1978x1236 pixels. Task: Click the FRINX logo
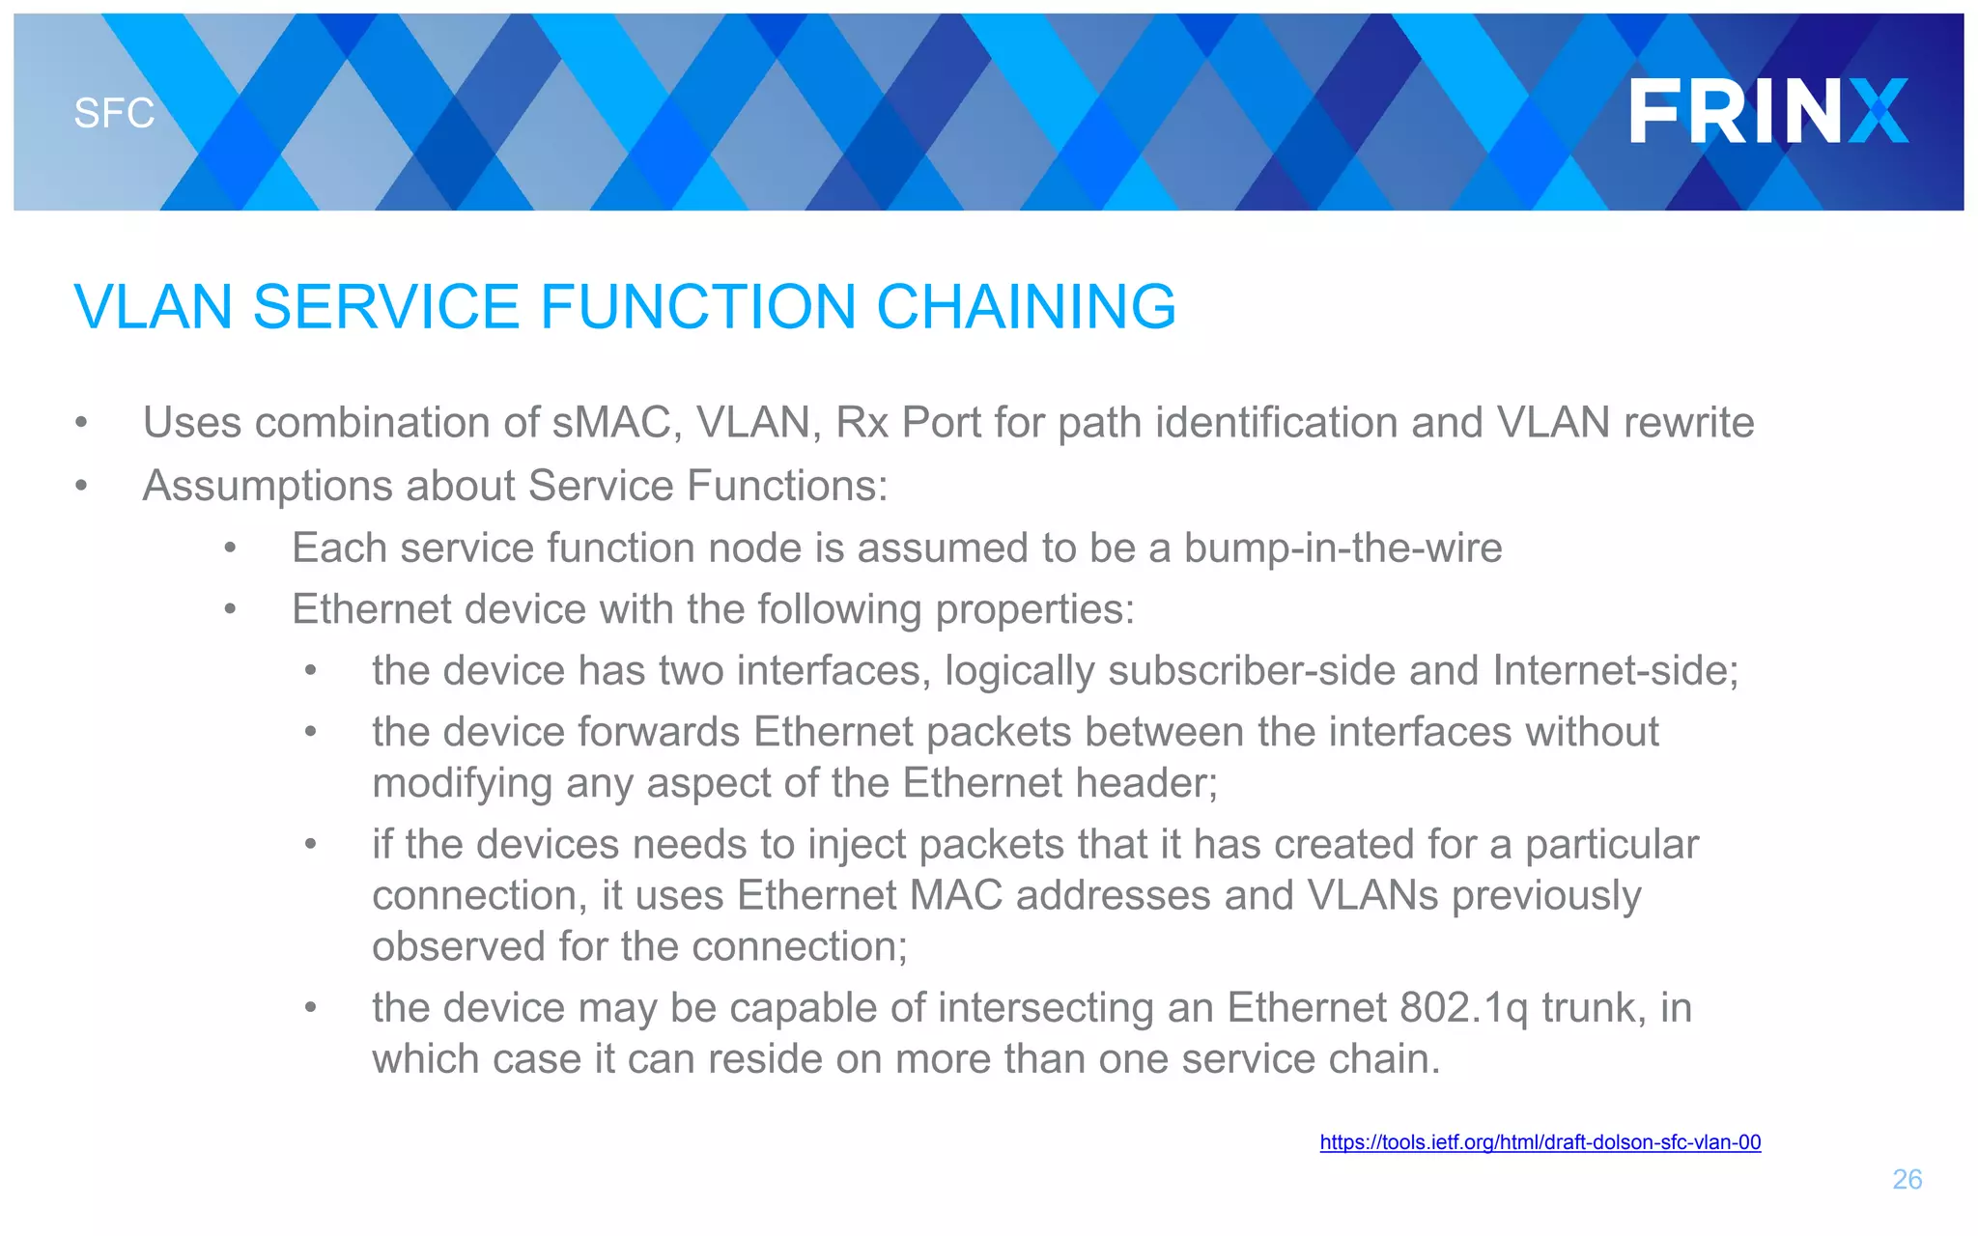pyautogui.click(x=1768, y=111)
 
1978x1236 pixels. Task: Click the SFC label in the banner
pyautogui.click(x=114, y=114)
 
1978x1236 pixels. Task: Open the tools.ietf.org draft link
pyautogui.click(x=1540, y=1142)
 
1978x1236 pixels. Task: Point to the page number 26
pyautogui.click(x=1907, y=1179)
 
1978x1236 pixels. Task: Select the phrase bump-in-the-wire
pyautogui.click(x=1342, y=548)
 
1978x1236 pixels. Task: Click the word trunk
pyautogui.click(x=1594, y=1008)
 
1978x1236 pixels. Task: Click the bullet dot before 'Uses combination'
pyautogui.click(x=82, y=423)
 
